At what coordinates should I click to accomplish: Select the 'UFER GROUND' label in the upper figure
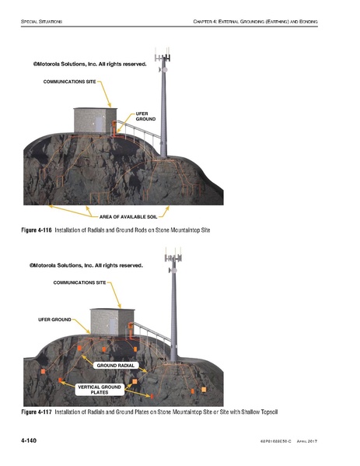point(146,117)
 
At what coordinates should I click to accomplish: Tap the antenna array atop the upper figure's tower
point(164,59)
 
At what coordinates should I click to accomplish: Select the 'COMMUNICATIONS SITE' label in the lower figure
point(79,283)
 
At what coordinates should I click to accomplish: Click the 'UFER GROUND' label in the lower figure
point(54,320)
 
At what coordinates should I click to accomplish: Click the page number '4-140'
point(30,441)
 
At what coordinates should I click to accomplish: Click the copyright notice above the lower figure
point(86,265)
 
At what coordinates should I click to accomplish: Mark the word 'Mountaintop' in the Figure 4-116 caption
point(178,231)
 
